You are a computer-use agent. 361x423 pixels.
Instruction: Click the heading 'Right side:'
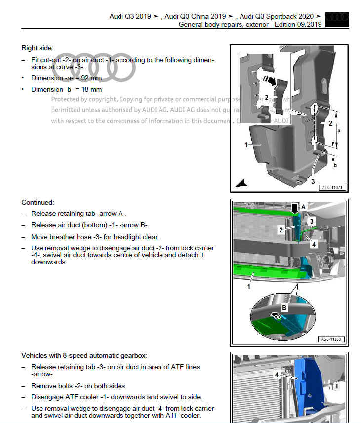tap(38, 48)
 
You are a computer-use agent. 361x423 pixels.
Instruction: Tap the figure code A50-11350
tap(332, 339)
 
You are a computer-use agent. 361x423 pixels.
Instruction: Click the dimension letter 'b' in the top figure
tap(335, 165)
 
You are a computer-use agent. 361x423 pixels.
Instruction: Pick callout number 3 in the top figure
tap(313, 181)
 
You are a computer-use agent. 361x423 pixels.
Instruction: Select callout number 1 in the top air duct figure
tap(245, 145)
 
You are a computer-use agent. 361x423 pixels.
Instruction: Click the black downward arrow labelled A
tap(295, 208)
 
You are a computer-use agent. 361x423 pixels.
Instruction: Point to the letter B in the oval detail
tap(284, 308)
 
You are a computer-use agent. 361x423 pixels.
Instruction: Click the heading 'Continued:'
tap(38, 202)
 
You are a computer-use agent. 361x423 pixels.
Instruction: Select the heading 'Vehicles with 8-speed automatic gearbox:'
tap(84, 355)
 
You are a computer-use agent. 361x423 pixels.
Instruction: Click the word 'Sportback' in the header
tap(280, 16)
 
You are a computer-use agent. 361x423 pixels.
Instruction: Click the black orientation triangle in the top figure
tap(241, 183)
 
